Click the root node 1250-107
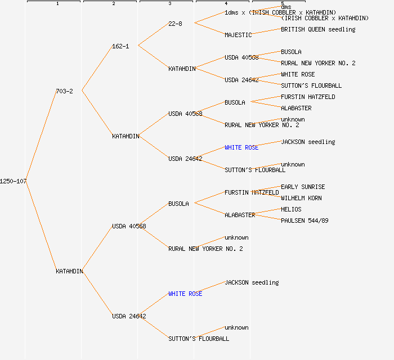click(14, 181)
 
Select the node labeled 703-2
click(64, 91)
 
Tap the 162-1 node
click(120, 46)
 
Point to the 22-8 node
click(175, 24)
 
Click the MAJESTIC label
click(238, 35)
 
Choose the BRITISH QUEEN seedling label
click(318, 29)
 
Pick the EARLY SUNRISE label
click(303, 187)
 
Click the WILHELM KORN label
click(301, 198)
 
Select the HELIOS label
click(291, 209)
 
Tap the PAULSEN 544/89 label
click(305, 220)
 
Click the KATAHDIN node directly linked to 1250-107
click(69, 271)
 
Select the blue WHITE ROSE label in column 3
click(185, 294)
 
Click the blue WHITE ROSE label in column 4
click(241, 147)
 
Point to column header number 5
click(282, 4)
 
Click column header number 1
click(57, 4)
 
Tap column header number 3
click(169, 4)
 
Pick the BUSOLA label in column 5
click(291, 52)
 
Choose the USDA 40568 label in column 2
click(129, 226)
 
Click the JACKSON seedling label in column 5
click(308, 142)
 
